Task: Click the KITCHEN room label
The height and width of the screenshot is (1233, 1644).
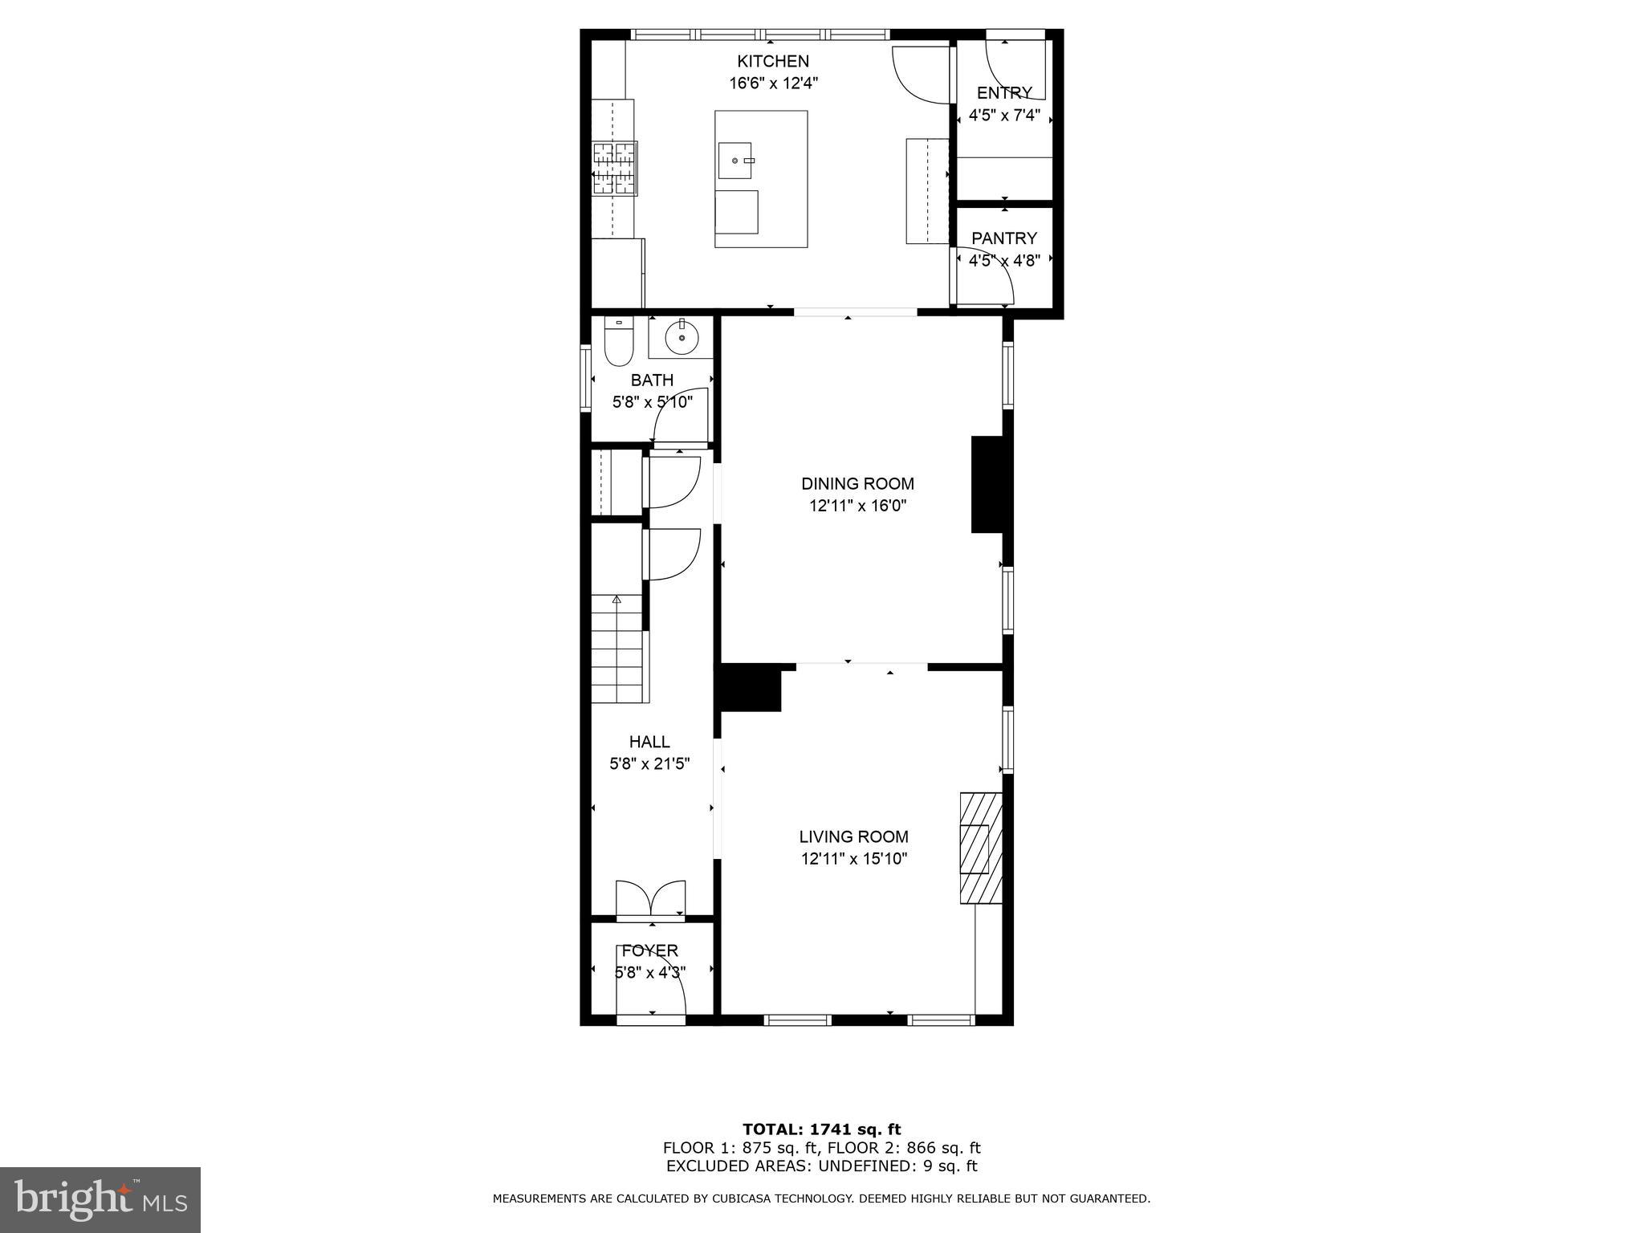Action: coord(773,61)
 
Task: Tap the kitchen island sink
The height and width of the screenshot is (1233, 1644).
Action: coord(735,161)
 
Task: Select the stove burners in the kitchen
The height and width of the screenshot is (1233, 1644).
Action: coord(615,169)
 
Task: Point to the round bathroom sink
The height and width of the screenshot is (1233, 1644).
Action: coord(681,338)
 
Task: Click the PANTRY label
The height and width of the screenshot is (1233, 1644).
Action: coord(1003,238)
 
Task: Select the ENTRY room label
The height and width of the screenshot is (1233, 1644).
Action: coord(1003,93)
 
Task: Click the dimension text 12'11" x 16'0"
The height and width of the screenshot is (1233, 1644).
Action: coord(857,507)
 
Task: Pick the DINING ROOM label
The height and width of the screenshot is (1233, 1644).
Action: coord(857,484)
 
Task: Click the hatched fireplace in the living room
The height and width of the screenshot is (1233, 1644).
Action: coord(981,848)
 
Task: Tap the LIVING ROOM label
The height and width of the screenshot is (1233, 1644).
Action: coord(853,837)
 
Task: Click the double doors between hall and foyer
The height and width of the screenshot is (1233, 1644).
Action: coord(650,898)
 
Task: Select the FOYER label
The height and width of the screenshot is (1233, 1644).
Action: coord(649,951)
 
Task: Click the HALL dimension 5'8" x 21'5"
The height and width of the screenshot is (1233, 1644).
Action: coord(649,764)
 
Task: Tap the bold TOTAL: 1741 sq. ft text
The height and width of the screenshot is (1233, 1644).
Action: coord(821,1130)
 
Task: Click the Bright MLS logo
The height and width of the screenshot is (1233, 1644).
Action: coord(100,1199)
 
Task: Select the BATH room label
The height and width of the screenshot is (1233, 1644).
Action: coord(652,380)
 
